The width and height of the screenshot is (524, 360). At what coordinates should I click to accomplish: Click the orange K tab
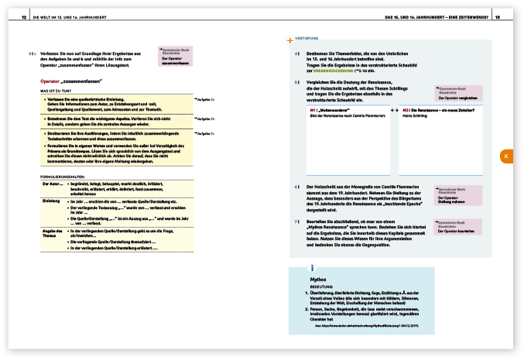tap(505, 156)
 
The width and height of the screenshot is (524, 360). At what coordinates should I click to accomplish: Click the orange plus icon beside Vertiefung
tap(289, 39)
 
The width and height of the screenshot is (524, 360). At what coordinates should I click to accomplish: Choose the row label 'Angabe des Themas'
tap(53, 233)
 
